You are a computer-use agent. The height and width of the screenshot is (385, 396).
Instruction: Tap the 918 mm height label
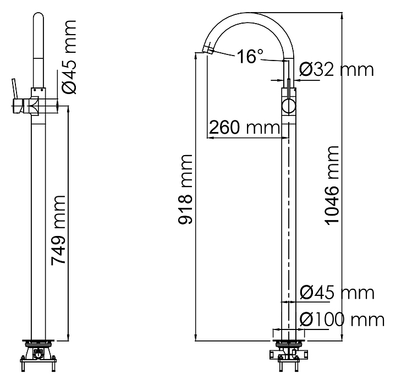[186, 189]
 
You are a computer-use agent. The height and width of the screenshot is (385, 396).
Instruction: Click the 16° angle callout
[251, 56]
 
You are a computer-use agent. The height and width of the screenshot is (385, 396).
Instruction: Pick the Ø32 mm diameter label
[337, 69]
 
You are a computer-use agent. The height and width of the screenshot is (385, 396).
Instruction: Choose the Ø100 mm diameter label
[342, 319]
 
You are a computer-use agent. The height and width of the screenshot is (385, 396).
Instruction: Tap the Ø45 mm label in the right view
[337, 293]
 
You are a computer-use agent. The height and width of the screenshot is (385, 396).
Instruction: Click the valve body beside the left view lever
[36, 105]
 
